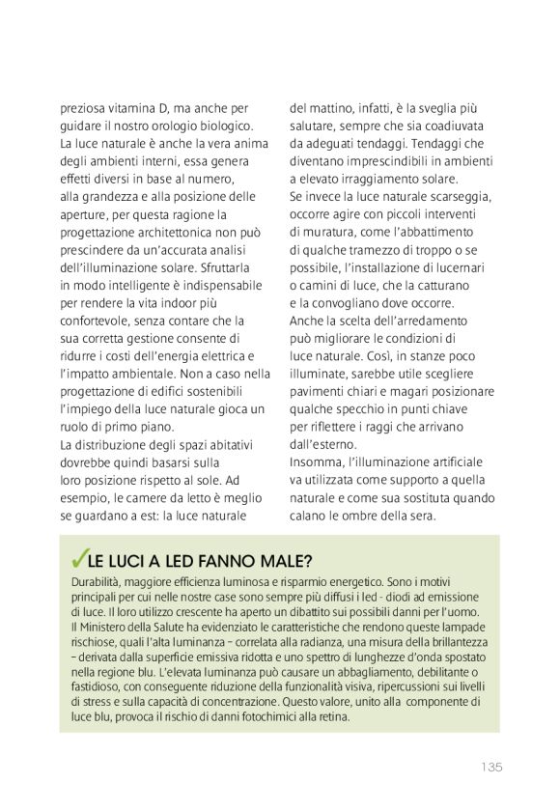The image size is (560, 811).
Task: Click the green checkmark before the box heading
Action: point(78,561)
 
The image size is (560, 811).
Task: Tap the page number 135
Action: point(491,768)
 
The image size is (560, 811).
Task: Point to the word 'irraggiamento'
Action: point(384,179)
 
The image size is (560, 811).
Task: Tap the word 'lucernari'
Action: point(462,267)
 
